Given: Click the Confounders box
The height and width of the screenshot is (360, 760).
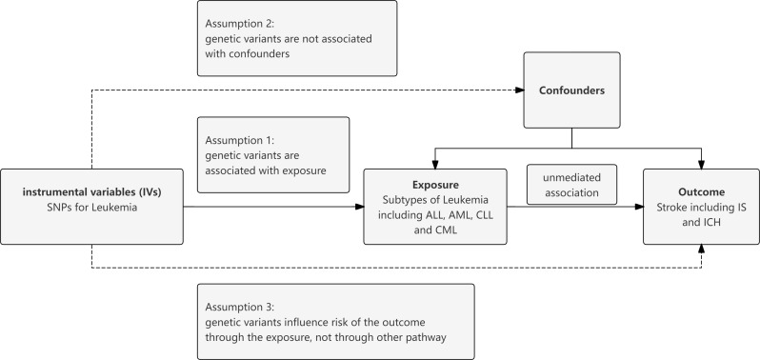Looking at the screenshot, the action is pyautogui.click(x=571, y=90).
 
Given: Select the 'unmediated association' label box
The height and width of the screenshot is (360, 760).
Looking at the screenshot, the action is pyautogui.click(x=571, y=185).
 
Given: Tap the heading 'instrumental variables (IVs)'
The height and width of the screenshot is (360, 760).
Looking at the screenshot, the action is pyautogui.click(x=92, y=191).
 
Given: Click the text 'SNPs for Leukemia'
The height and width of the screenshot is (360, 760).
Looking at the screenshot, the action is pyautogui.click(x=92, y=208).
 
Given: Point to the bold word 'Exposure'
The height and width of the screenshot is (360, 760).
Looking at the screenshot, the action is pyautogui.click(x=435, y=185).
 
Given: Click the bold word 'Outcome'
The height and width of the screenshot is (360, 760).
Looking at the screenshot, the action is pyautogui.click(x=701, y=191).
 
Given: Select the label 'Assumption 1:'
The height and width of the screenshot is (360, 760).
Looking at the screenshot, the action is pyautogui.click(x=240, y=141).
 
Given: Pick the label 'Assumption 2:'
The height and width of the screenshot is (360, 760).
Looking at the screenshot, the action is pyautogui.click(x=240, y=24).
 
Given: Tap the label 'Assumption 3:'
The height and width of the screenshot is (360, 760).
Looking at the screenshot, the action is pyautogui.click(x=240, y=308).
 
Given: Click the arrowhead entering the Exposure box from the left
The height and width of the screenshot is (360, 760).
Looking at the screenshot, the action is pyautogui.click(x=359, y=207).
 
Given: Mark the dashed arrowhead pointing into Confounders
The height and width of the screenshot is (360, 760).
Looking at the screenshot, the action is pyautogui.click(x=519, y=90).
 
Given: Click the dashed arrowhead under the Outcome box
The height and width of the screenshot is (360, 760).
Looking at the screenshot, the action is pyautogui.click(x=701, y=249).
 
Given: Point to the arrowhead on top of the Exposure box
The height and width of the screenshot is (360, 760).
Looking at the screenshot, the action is pyautogui.click(x=435, y=164).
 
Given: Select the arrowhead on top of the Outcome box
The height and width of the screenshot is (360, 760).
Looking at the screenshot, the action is pyautogui.click(x=701, y=164).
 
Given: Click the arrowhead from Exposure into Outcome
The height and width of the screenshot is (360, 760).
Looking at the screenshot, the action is pyautogui.click(x=639, y=207).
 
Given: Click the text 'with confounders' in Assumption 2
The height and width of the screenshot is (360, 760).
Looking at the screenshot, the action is pyautogui.click(x=248, y=53).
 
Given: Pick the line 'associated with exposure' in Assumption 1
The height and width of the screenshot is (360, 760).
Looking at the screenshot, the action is pyautogui.click(x=266, y=170).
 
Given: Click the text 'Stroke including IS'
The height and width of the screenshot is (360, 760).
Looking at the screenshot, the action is pyautogui.click(x=701, y=208).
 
